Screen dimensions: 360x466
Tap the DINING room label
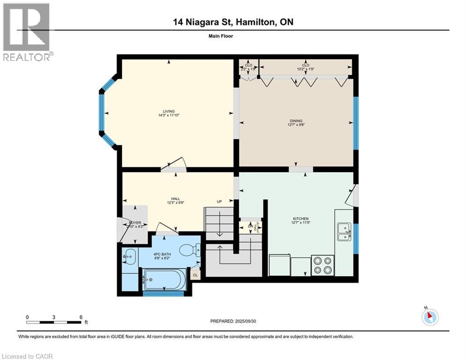(x=296, y=120)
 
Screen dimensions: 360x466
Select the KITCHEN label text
(x=301, y=218)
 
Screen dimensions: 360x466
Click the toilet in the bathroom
(x=192, y=250)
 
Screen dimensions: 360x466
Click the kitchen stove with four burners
(x=323, y=265)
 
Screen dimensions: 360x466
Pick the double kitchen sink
(x=344, y=231)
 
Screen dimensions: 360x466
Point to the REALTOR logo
(x=27, y=32)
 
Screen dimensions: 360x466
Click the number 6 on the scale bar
(x=81, y=317)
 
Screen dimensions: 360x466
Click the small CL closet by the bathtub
(x=195, y=275)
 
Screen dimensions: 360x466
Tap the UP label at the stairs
(x=219, y=202)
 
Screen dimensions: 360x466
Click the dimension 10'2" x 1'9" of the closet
(x=305, y=69)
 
